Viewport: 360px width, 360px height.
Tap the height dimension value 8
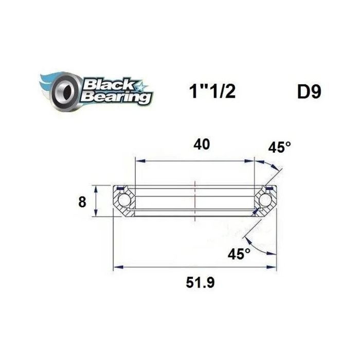pyautogui.click(x=82, y=202)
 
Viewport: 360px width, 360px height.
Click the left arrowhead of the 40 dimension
pyautogui.click(x=139, y=161)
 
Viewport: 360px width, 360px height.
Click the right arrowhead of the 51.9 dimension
pyautogui.click(x=273, y=267)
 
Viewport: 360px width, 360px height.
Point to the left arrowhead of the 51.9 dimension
pyautogui.click(x=118, y=267)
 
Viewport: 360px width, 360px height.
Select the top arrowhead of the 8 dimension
pyautogui.click(x=96, y=187)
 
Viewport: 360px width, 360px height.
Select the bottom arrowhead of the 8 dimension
pyautogui.click(x=96, y=214)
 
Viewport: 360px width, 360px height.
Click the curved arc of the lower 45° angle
pyautogui.click(x=259, y=250)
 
